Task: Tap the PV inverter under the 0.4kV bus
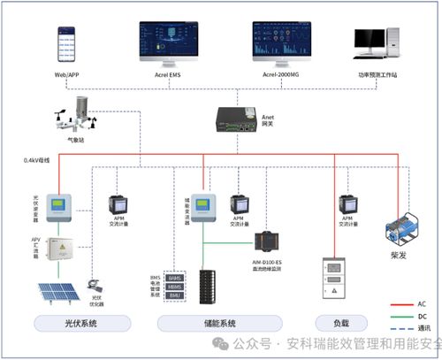[x=57, y=210]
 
